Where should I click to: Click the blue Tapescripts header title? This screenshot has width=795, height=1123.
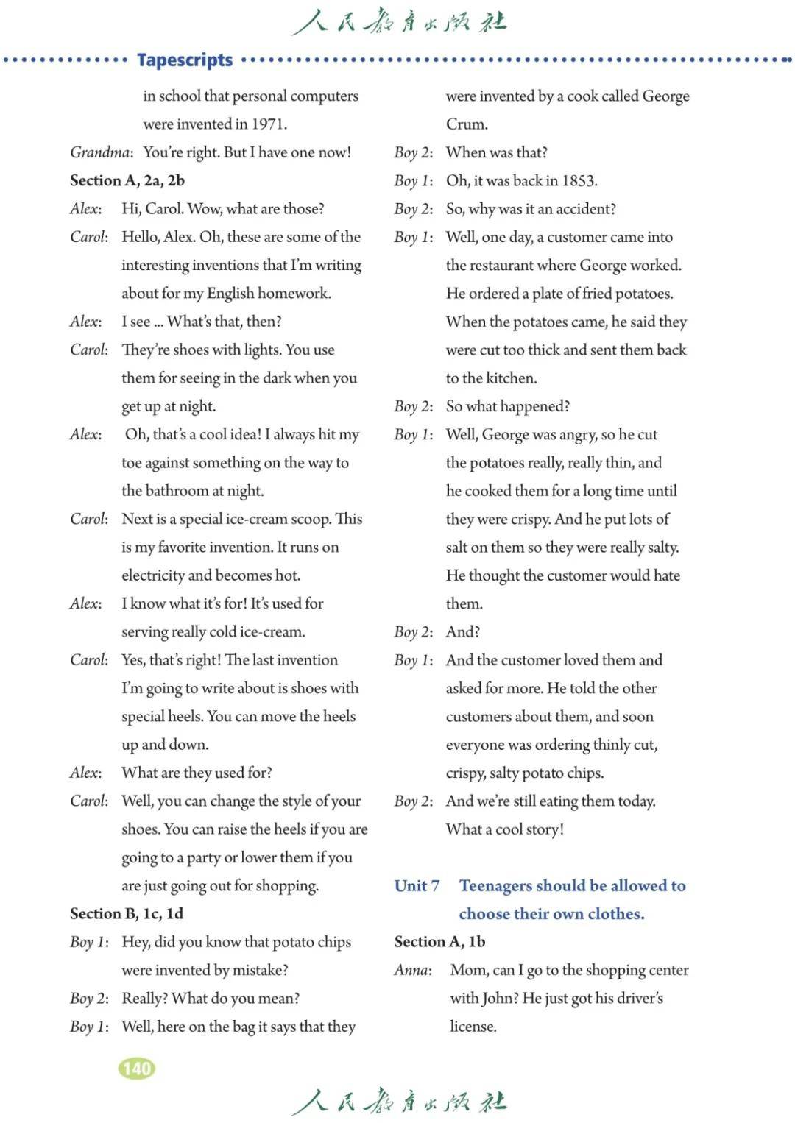click(x=185, y=60)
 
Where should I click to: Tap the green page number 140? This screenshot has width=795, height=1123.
click(x=137, y=1069)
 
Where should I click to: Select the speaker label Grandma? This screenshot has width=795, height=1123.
click(x=102, y=152)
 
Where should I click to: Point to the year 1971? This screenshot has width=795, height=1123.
click(x=269, y=124)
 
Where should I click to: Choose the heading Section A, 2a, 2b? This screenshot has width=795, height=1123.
click(x=127, y=181)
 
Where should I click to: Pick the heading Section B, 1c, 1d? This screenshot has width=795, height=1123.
click(x=127, y=914)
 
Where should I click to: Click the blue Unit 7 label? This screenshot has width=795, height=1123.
click(x=417, y=886)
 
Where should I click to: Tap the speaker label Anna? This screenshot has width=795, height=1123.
click(x=413, y=971)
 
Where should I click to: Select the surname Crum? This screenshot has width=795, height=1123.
click(x=466, y=124)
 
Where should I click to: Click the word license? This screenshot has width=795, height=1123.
click(x=473, y=1027)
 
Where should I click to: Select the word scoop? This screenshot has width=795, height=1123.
click(x=309, y=520)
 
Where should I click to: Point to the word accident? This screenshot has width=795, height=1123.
click(x=585, y=209)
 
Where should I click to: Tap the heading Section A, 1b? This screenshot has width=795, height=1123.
click(x=439, y=942)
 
